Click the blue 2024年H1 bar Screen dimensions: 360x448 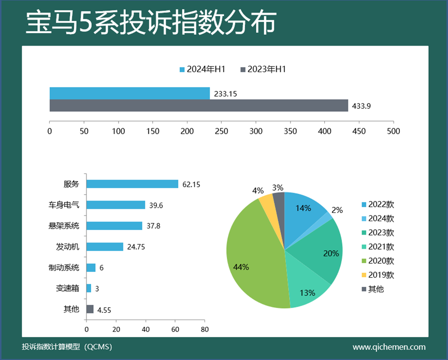point(129,93)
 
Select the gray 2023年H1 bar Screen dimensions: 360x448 point(199,106)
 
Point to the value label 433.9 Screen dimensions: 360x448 point(362,106)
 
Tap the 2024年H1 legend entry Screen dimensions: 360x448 point(203,69)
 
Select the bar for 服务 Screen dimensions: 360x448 point(132,184)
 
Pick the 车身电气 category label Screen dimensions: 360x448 point(61,205)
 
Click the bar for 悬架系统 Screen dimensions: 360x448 point(114,226)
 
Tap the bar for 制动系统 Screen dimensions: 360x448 point(91,268)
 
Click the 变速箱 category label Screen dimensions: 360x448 point(67,289)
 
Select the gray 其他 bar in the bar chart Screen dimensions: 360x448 point(90,309)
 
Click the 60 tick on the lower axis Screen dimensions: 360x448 point(175,329)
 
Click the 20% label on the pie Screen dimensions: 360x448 point(331,253)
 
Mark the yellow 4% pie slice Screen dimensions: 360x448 point(266,199)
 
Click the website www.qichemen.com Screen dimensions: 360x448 point(388,347)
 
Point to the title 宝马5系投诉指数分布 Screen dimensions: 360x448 point(150,24)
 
